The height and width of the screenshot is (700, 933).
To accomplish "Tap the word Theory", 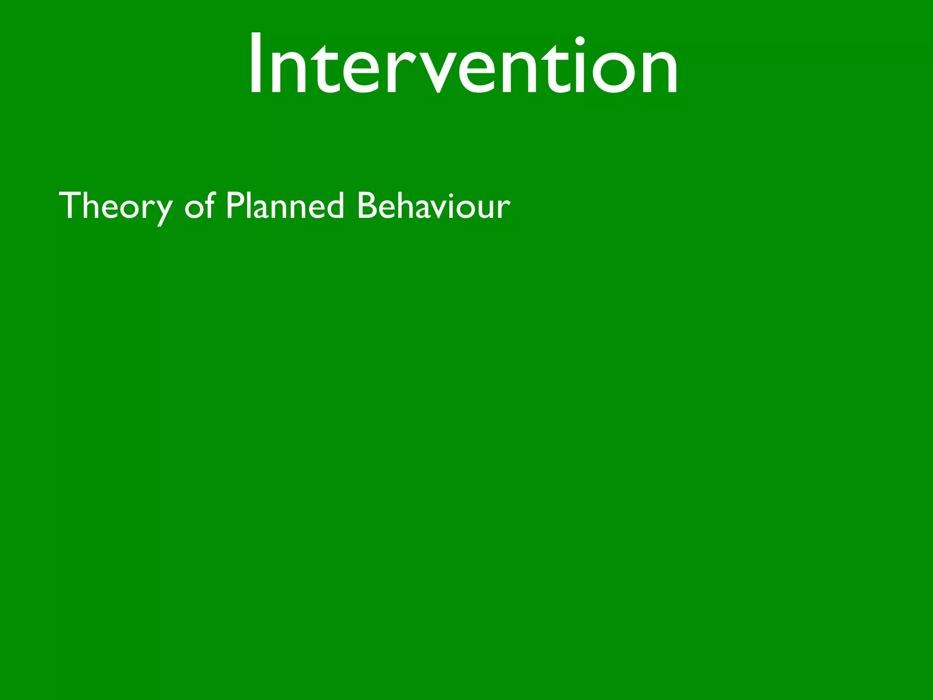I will (115, 206).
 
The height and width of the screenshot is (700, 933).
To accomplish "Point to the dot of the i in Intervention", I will (579, 41).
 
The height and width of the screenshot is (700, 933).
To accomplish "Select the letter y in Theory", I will (162, 211).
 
